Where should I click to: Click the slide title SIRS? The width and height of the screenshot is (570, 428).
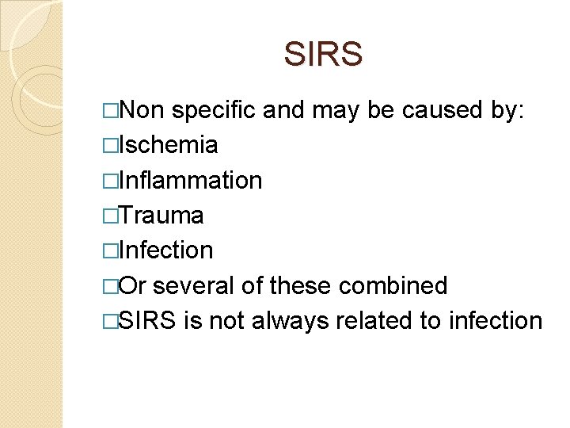(323, 55)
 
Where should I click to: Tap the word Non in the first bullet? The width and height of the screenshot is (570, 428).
(142, 110)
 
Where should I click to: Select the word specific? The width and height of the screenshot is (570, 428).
(214, 110)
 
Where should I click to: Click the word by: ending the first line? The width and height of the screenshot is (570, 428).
(507, 110)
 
